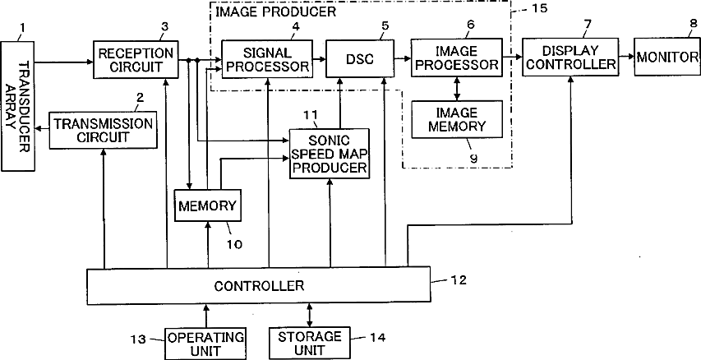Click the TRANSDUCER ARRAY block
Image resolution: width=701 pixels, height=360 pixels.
18,106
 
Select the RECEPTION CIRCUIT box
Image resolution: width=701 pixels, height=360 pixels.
136,59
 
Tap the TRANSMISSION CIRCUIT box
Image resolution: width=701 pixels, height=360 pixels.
104,130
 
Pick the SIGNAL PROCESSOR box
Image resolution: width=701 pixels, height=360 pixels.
267,59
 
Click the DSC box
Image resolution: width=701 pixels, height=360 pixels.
360,58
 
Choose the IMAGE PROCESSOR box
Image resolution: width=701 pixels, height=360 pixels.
456,58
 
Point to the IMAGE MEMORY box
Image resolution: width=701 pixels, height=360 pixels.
456,119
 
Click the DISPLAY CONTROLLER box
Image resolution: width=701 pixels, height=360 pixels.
570,57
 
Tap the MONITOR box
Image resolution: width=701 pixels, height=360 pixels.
667,57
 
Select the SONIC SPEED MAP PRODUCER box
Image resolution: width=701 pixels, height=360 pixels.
330,154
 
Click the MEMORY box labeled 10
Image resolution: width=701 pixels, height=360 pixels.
207,205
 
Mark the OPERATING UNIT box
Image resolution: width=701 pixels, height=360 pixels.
205,344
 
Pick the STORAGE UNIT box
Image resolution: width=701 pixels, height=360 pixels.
309,344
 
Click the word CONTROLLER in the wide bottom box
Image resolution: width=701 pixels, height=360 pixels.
259,286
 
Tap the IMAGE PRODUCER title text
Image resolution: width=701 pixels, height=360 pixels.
276,12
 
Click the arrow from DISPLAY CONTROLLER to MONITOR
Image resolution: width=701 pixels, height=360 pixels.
627,57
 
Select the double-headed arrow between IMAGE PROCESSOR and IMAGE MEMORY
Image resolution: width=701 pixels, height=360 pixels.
456,89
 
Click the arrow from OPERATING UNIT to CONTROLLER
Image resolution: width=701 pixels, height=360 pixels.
205,316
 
